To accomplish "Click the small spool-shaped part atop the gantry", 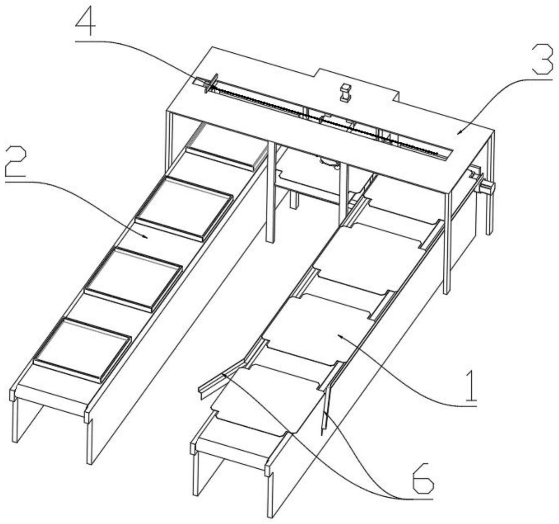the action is point(344,92).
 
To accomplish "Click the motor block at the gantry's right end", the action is point(487,187).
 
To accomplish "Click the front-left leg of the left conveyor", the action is point(14,421).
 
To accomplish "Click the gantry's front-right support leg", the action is point(447,243).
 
